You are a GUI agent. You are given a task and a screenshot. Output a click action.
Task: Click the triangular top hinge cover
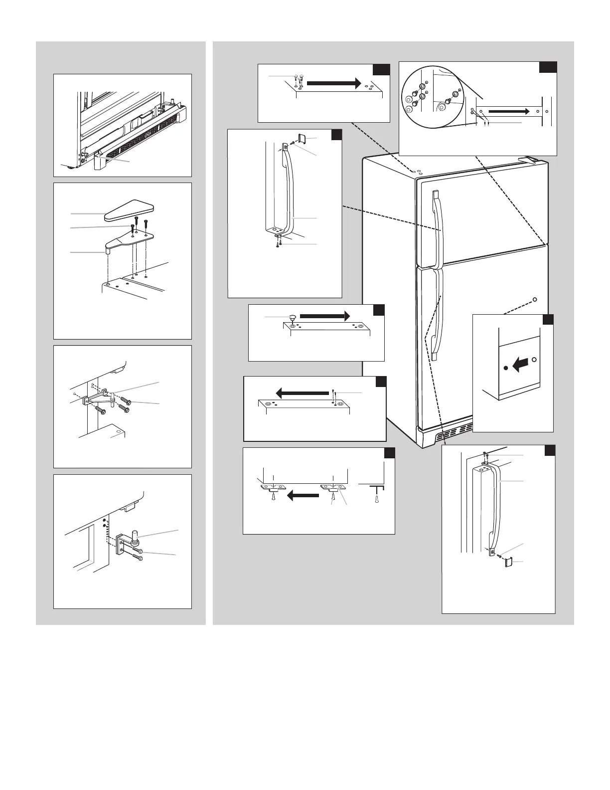point(129,211)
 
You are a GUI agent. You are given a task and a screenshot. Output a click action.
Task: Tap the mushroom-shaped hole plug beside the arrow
point(292,317)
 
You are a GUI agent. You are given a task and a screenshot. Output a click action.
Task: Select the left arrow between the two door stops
point(303,495)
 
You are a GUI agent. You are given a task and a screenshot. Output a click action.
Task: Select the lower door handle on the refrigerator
point(436,314)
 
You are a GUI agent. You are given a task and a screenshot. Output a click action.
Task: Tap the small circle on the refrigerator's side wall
point(534,300)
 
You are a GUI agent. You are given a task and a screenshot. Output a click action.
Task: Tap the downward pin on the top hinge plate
point(108,251)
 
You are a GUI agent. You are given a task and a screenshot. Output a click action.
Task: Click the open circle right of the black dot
point(534,359)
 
